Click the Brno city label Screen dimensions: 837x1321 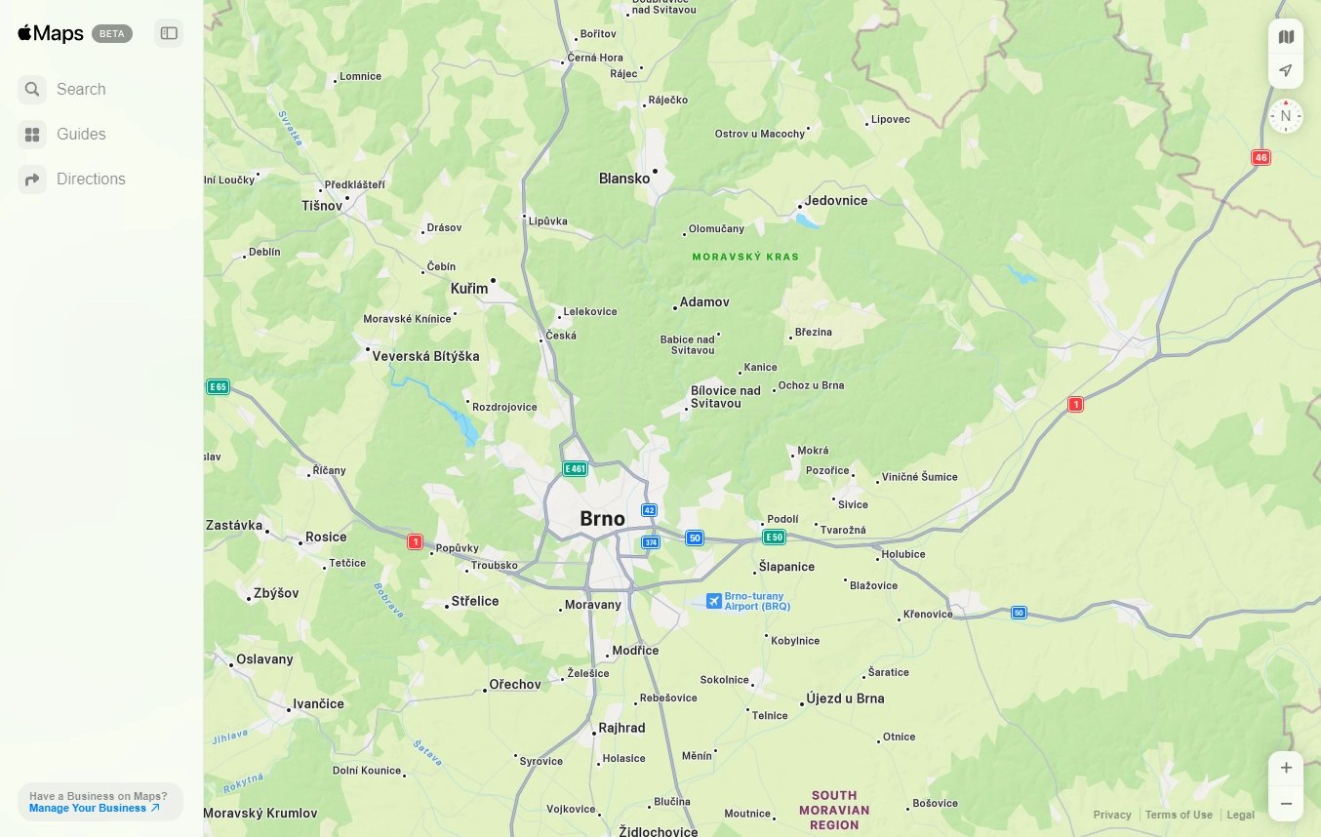point(602,518)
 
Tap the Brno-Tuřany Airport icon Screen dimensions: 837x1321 point(714,601)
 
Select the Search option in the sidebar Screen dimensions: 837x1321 point(81,90)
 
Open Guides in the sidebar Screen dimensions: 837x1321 point(81,135)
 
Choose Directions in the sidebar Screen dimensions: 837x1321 point(91,179)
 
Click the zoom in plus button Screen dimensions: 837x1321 point(1286,768)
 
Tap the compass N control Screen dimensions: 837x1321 point(1286,116)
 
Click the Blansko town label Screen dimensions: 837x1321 point(624,179)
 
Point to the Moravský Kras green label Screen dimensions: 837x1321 point(745,258)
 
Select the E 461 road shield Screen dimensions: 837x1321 point(576,469)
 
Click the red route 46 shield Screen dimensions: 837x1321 point(1261,157)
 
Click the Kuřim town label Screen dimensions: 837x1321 point(469,289)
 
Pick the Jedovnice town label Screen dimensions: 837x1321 point(836,200)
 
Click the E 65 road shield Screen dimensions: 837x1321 point(218,387)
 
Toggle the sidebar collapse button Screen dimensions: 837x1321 point(169,33)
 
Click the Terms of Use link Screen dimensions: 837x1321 point(1179,815)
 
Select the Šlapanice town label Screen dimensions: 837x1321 point(786,567)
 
